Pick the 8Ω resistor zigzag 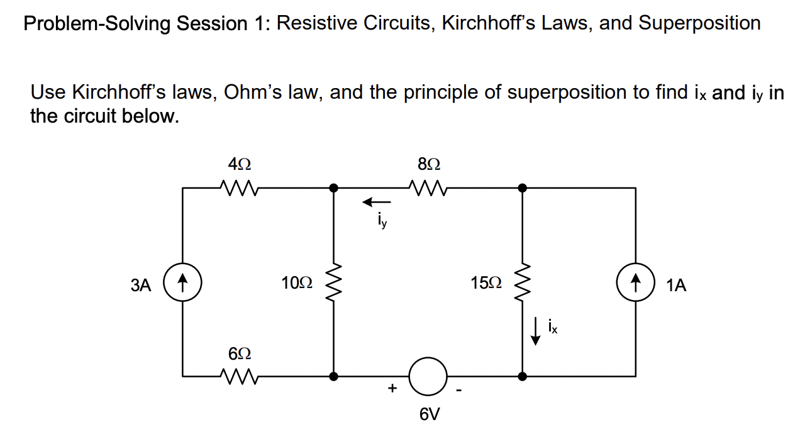point(427,187)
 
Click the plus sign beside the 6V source point(392,389)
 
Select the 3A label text point(142,285)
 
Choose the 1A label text point(676,286)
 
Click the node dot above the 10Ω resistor point(333,187)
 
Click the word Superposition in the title point(699,23)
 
